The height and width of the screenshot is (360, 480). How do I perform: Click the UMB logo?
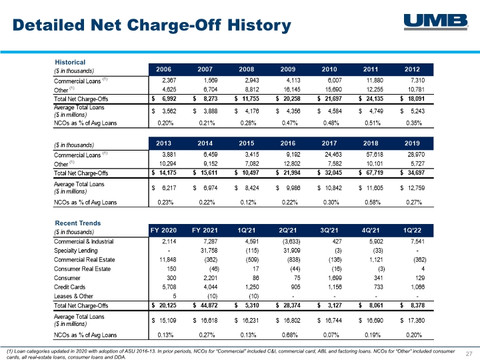(x=436, y=22)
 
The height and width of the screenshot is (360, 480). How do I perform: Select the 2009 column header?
(x=288, y=69)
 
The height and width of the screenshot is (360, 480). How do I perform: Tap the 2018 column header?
(x=371, y=143)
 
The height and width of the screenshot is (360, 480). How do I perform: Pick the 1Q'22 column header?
(x=412, y=230)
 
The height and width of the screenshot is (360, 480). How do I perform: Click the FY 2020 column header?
(x=163, y=230)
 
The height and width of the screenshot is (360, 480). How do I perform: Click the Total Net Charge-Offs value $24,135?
(x=371, y=99)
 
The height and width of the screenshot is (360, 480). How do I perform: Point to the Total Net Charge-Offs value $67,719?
(x=371, y=173)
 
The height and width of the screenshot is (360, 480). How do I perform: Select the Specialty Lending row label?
(x=75, y=251)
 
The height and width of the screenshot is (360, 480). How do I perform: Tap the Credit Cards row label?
(x=69, y=287)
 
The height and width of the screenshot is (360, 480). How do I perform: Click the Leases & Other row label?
(x=73, y=296)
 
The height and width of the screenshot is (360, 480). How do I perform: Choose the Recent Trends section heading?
(x=78, y=223)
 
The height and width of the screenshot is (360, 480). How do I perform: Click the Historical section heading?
(x=70, y=62)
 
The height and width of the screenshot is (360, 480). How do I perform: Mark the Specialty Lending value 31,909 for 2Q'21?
(x=292, y=251)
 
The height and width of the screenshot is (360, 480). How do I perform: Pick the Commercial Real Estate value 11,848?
(x=168, y=259)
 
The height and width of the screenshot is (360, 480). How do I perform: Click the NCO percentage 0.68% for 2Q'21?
(x=289, y=335)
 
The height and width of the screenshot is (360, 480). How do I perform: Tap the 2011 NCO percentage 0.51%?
(x=373, y=123)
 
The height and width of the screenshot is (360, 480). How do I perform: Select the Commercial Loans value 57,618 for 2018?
(x=375, y=155)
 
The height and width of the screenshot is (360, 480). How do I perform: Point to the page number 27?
(x=469, y=354)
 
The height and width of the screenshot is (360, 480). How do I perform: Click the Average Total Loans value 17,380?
(x=412, y=321)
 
